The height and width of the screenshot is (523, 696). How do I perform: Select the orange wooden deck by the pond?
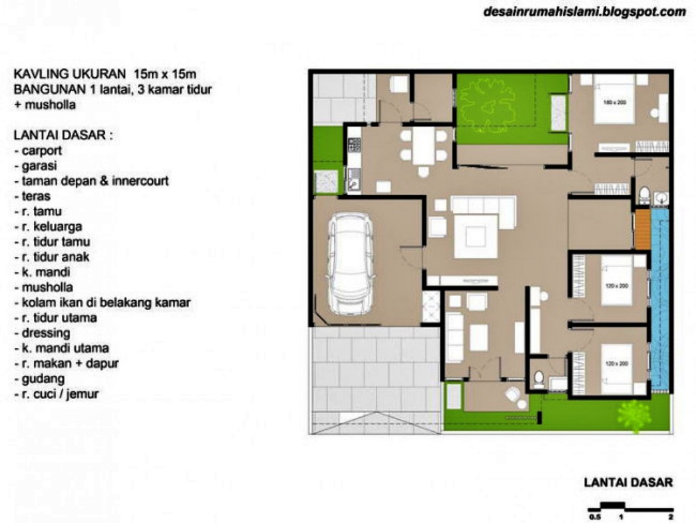pyautogui.click(x=641, y=228)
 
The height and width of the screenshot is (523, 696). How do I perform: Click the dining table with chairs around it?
pyautogui.click(x=422, y=145)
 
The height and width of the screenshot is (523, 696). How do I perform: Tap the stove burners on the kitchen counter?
pyautogui.click(x=353, y=145)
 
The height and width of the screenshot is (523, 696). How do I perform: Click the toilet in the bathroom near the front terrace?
pyautogui.click(x=537, y=377)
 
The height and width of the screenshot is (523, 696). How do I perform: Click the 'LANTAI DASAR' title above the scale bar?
pyautogui.click(x=627, y=481)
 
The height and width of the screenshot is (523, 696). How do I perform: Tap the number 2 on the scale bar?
pyautogui.click(x=670, y=517)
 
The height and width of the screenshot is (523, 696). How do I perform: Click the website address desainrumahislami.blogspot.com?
pyautogui.click(x=583, y=12)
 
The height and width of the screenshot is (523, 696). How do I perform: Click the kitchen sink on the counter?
pyautogui.click(x=353, y=185)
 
